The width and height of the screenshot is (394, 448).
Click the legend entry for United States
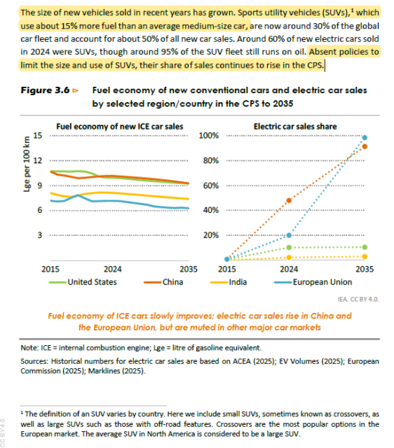(x=92, y=282)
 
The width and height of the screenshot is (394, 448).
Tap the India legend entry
(x=238, y=282)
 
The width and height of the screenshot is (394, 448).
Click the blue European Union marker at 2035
(x=364, y=138)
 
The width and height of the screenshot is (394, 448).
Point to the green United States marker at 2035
(x=364, y=247)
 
